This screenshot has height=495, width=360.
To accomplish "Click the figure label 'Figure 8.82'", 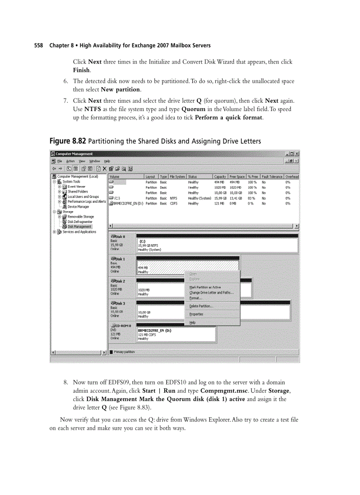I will click(x=67, y=141).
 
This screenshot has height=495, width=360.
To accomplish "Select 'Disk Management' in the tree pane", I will click(x=79, y=227).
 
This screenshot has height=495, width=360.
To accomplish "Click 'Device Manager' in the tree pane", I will click(x=78, y=206).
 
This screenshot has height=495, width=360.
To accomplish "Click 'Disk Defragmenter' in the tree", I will click(x=80, y=222).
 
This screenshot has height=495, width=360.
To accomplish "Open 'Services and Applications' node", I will click(x=79, y=232).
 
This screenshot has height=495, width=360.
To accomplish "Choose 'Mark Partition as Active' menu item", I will click(x=205, y=287).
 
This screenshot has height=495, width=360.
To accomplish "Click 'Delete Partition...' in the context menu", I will click(x=201, y=306).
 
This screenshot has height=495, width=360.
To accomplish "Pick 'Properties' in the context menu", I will click(x=196, y=314).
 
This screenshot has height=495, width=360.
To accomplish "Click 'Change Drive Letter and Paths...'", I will click(x=211, y=293).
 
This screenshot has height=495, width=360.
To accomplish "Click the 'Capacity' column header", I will click(x=220, y=177).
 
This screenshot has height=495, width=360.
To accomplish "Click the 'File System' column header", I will click(x=177, y=177).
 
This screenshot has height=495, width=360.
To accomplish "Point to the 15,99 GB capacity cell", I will click(x=221, y=198).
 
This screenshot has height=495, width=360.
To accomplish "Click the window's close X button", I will click(x=296, y=154).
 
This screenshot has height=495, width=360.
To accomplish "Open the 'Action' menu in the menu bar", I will click(x=71, y=161).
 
